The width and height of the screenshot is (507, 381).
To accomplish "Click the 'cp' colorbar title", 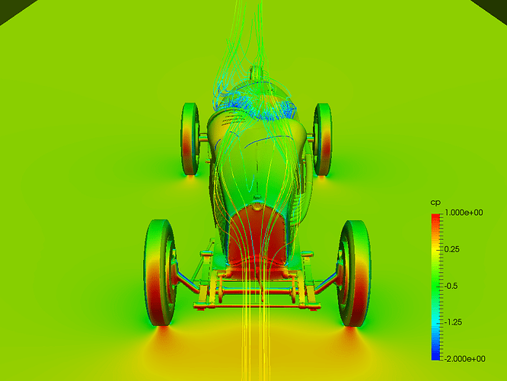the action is pyautogui.click(x=435, y=203).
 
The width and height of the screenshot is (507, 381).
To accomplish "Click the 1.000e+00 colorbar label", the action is pyautogui.click(x=464, y=213).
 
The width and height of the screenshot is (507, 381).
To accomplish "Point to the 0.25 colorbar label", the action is pyautogui.click(x=451, y=249).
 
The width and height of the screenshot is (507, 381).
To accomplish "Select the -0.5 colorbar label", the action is pyautogui.click(x=451, y=286).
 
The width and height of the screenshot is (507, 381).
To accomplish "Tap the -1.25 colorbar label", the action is pyautogui.click(x=453, y=322).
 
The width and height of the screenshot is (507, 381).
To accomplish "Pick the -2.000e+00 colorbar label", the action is pyautogui.click(x=464, y=359).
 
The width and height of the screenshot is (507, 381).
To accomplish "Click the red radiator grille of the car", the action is pyautogui.click(x=257, y=235).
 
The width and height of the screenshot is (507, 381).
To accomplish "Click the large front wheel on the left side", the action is pyautogui.click(x=161, y=273).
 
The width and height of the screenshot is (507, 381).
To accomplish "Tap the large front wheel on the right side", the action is pyautogui.click(x=353, y=274).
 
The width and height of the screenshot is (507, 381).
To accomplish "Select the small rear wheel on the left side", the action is pyautogui.click(x=190, y=139).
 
